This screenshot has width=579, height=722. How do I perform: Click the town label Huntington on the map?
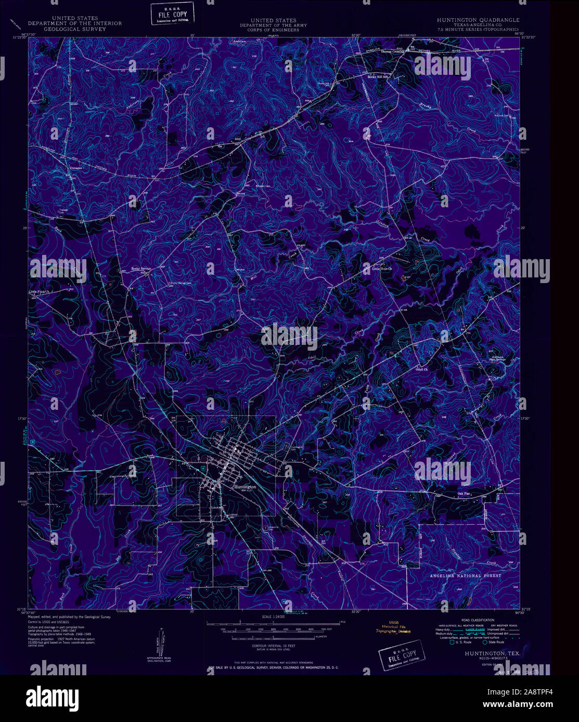(245, 487)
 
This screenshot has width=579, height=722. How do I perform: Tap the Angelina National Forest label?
(465, 576)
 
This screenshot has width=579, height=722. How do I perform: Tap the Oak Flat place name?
(464, 494)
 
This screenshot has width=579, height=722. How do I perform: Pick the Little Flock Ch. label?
(38, 292)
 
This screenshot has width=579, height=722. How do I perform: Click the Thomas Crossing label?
(392, 52)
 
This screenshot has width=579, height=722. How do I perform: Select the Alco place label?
(238, 139)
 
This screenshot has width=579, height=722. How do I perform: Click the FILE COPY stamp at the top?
(172, 13)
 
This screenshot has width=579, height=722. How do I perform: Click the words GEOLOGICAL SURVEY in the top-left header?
(75, 29)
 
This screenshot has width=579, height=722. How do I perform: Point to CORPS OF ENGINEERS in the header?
(273, 30)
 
